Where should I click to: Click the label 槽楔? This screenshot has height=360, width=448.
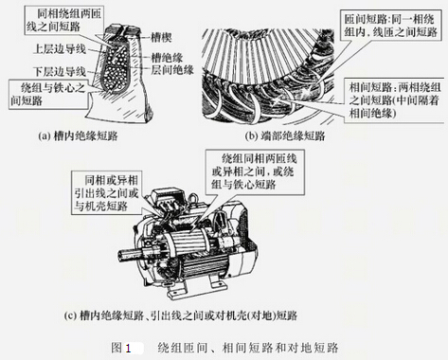click(161, 38)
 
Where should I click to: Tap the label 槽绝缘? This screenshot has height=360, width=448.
click(167, 58)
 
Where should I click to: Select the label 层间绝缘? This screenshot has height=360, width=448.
click(172, 70)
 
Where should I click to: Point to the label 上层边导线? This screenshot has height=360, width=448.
click(60, 49)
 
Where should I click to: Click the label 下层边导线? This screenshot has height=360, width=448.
click(60, 71)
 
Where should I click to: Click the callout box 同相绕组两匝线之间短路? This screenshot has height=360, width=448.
click(64, 20)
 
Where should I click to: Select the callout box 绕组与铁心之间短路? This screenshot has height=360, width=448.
click(48, 95)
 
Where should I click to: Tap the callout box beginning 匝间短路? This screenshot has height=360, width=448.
click(390, 26)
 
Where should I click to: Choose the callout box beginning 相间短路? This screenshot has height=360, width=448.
click(395, 100)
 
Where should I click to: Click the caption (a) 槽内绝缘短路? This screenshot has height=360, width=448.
click(78, 135)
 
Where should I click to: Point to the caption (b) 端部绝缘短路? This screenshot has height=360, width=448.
click(285, 135)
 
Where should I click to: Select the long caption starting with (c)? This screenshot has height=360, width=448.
click(181, 315)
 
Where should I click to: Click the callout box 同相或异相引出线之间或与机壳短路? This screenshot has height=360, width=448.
click(107, 192)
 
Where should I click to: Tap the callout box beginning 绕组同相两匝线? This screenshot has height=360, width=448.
click(255, 172)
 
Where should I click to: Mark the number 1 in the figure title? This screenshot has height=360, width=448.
click(128, 348)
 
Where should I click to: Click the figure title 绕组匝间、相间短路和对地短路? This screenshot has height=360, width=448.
click(248, 348)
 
